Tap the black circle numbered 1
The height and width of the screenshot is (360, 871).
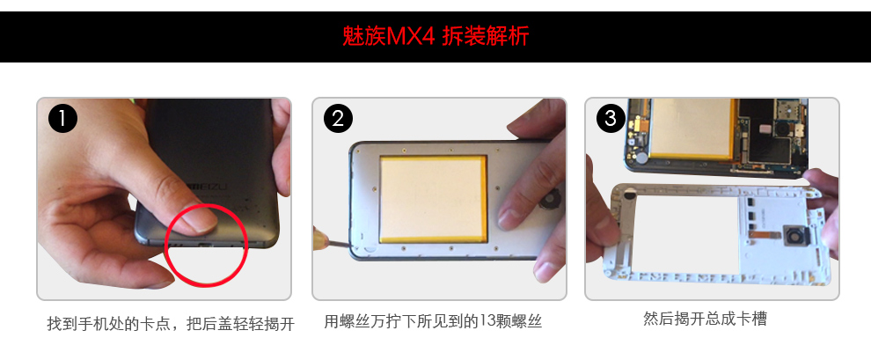click(62, 119)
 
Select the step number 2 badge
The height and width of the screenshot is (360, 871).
click(338, 118)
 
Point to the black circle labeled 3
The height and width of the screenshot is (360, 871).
click(611, 118)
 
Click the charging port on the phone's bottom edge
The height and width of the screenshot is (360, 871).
click(206, 245)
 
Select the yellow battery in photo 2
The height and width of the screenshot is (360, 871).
click(434, 199)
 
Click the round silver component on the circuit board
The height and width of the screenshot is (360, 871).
click(642, 158)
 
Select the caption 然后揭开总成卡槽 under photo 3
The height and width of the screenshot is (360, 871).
click(705, 319)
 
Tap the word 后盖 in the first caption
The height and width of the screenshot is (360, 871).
click(216, 324)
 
